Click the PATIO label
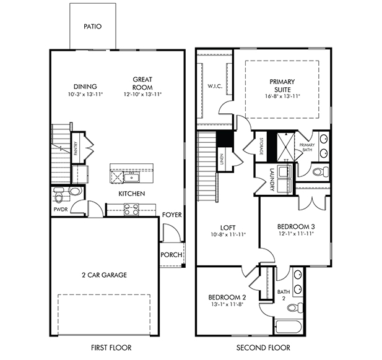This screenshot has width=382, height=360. tap(93, 26)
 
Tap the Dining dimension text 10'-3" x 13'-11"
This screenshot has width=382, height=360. tap(85, 94)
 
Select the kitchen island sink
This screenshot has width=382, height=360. tap(131, 177)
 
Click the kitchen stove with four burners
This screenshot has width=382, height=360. tap(131, 210)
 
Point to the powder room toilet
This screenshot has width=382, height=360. tap(58, 195)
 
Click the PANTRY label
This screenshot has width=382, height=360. tap(76, 148)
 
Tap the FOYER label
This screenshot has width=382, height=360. tap(172, 215)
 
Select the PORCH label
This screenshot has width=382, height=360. tap(171, 255)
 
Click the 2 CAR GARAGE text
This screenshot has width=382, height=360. tap(104, 275)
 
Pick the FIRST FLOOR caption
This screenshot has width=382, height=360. tap(111, 348)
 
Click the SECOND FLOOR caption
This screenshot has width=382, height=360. tap(263, 348)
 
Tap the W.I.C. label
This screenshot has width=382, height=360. tap(215, 86)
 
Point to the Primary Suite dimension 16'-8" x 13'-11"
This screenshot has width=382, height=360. tap(282, 96)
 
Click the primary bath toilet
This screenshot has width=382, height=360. tap(320, 172)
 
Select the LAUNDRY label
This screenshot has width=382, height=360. tap(272, 179)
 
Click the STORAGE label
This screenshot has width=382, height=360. tap(261, 146)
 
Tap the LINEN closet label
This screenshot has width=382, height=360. tap(222, 159)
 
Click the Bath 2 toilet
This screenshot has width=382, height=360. tap(295, 308)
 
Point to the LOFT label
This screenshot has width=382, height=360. tap(228, 228)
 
